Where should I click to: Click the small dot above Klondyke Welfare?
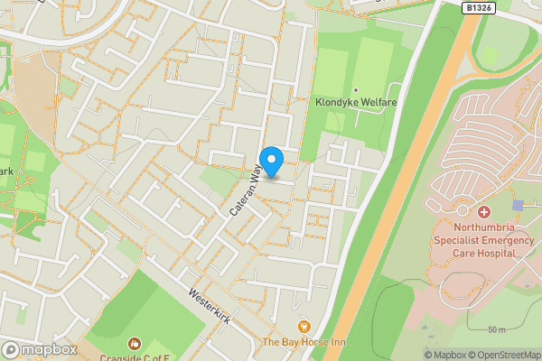(x=355, y=90)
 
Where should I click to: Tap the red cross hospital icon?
(x=484, y=211)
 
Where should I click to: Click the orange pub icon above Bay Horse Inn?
(x=304, y=326)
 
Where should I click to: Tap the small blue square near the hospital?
(x=517, y=206)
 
